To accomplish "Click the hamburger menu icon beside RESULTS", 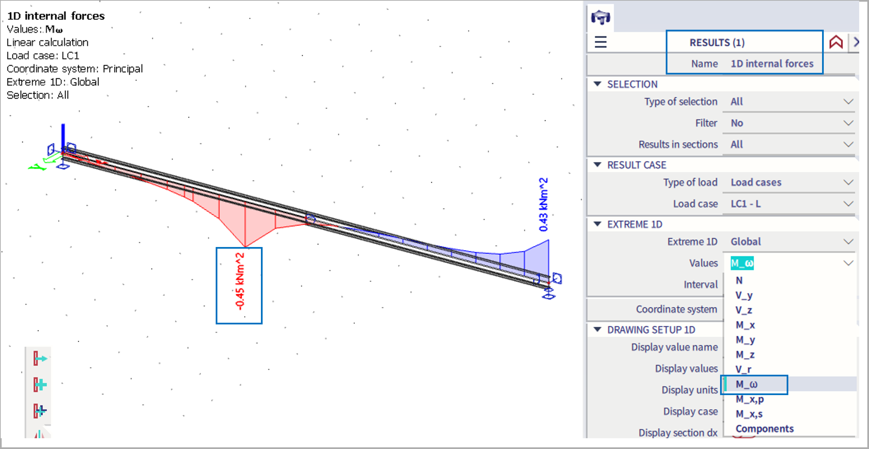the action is [x=600, y=42].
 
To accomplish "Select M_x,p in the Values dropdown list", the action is [x=750, y=399].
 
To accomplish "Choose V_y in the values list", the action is [x=744, y=295].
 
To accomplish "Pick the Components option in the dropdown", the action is [x=764, y=428].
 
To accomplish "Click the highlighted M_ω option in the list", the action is [x=746, y=384].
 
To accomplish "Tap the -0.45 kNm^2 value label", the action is [x=240, y=282].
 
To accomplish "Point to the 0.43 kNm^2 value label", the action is [x=543, y=205].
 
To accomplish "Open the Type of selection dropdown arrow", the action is [x=848, y=101].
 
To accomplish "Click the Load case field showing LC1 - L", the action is [x=745, y=204].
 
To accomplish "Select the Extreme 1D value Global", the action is [x=745, y=241].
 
